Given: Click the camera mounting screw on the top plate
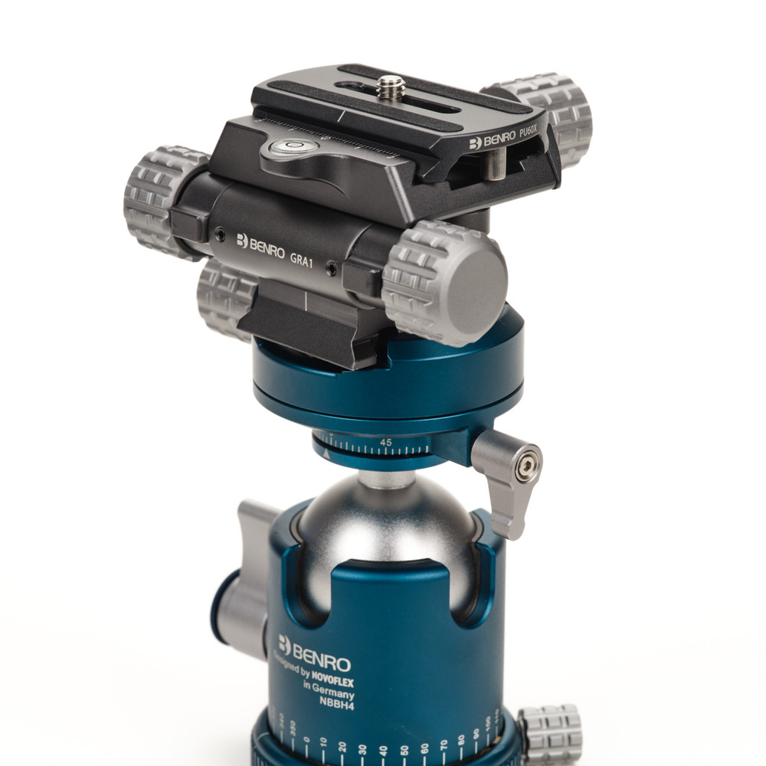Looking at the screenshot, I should point(391,87).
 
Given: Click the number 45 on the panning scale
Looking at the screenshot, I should point(386,443).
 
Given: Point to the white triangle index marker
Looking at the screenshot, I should point(326,454).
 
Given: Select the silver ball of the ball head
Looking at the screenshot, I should point(383,529).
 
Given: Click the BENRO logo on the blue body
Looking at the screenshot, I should point(315,654).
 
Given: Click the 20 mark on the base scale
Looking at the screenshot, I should point(342,745).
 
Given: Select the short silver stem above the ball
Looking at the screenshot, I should point(386,480).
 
